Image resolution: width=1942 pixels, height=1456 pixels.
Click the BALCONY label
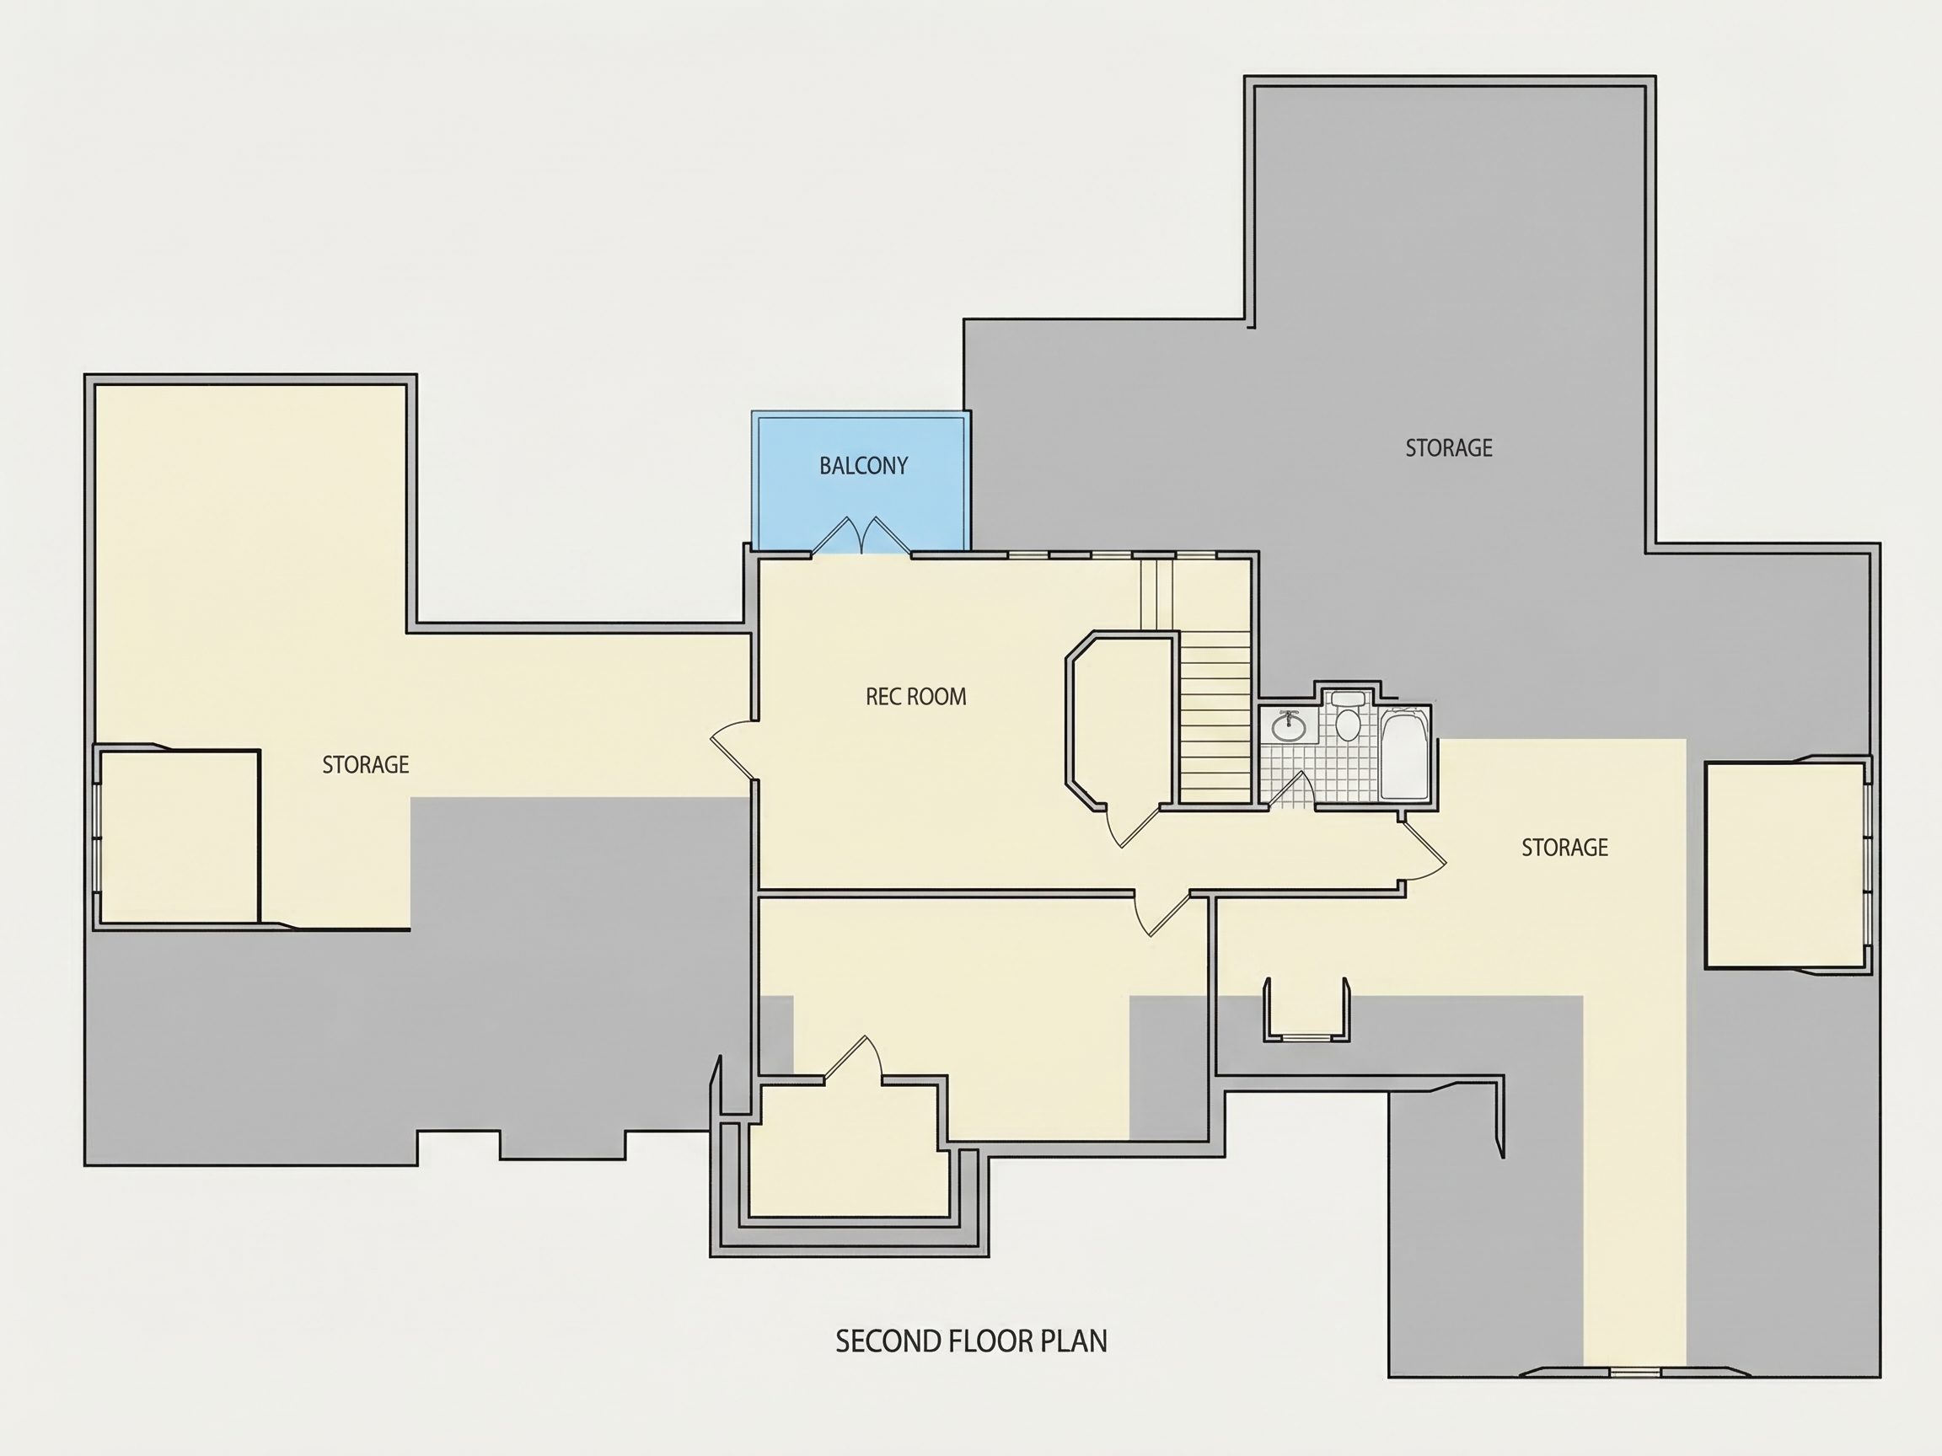(x=863, y=465)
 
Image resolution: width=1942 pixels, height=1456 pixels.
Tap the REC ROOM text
(x=915, y=697)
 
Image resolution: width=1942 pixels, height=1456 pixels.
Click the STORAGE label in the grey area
(x=1449, y=447)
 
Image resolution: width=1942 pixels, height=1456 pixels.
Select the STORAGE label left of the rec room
(x=365, y=764)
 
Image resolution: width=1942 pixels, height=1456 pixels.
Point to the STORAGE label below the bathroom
(x=1564, y=847)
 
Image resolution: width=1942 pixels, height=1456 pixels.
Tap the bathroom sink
(x=1289, y=725)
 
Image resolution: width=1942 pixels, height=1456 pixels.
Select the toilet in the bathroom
(x=1348, y=717)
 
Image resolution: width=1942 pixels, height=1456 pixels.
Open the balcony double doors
(x=861, y=535)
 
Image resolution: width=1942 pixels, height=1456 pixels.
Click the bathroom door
(x=1290, y=789)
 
